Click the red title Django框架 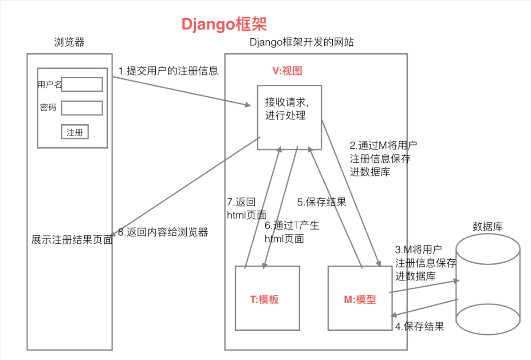(224, 24)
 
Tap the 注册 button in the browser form (75, 132)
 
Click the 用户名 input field (82, 84)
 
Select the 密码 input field (82, 108)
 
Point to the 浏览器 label (69, 42)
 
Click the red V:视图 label (287, 71)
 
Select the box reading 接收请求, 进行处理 (290, 117)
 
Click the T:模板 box (267, 298)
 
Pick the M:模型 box (360, 298)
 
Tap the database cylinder (488, 284)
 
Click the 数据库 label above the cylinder (488, 226)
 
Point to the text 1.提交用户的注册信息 (168, 71)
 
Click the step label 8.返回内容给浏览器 (163, 232)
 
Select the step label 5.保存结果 (322, 202)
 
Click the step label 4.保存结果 (420, 326)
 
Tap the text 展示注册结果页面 (72, 240)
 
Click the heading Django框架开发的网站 (302, 42)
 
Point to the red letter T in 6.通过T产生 (296, 225)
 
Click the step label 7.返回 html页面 (247, 209)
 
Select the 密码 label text (48, 107)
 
